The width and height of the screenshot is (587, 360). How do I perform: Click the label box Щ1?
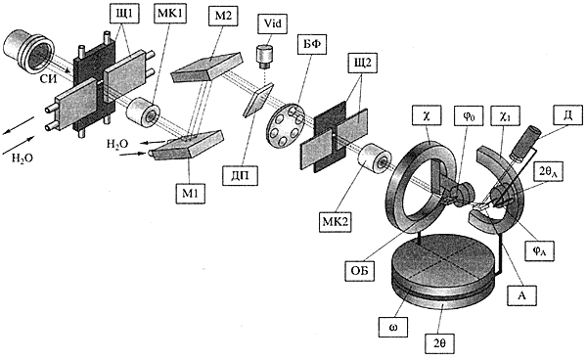point(124,16)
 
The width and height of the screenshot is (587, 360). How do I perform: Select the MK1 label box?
point(169,15)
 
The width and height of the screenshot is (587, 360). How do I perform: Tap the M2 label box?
point(224,16)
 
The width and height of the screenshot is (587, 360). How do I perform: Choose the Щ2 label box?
point(362,63)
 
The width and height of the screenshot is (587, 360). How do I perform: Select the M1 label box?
point(191,194)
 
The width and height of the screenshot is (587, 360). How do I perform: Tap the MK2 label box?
point(335,221)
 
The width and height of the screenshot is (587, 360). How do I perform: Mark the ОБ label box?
point(360,269)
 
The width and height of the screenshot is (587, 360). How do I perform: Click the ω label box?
point(393,328)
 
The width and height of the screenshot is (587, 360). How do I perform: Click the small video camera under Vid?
point(264,58)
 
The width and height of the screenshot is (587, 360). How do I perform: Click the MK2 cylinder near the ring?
point(375,159)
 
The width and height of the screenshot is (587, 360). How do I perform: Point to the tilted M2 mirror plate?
point(206,67)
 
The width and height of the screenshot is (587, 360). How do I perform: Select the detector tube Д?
point(525,144)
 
